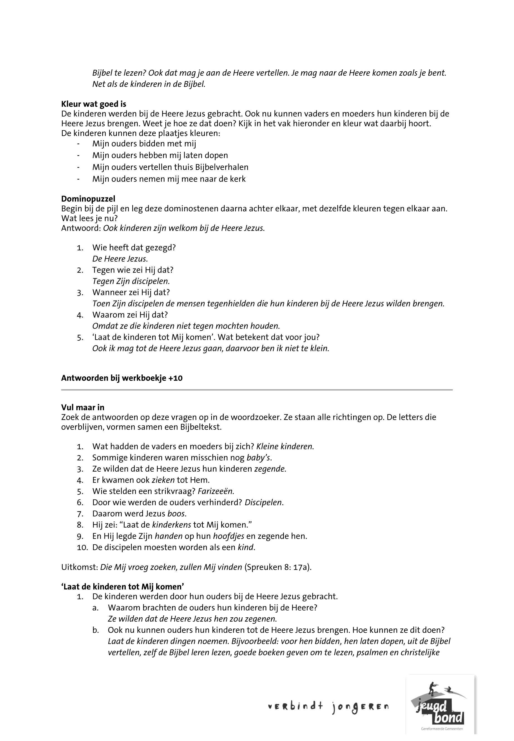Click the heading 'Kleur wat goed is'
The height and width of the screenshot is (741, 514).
(93, 104)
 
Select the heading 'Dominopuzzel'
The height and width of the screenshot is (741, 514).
(88, 199)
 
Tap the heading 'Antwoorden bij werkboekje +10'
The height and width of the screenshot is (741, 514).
(122, 378)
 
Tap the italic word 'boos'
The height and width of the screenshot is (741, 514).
(177, 514)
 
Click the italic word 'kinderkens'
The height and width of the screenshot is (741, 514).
(172, 525)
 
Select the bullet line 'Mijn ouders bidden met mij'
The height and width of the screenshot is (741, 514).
(144, 144)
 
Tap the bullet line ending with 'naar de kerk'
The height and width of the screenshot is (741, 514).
(169, 179)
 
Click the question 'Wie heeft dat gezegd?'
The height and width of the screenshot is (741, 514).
(134, 248)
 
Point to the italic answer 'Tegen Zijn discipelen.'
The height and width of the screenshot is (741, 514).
(131, 281)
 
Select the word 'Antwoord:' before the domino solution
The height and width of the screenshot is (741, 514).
(81, 228)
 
